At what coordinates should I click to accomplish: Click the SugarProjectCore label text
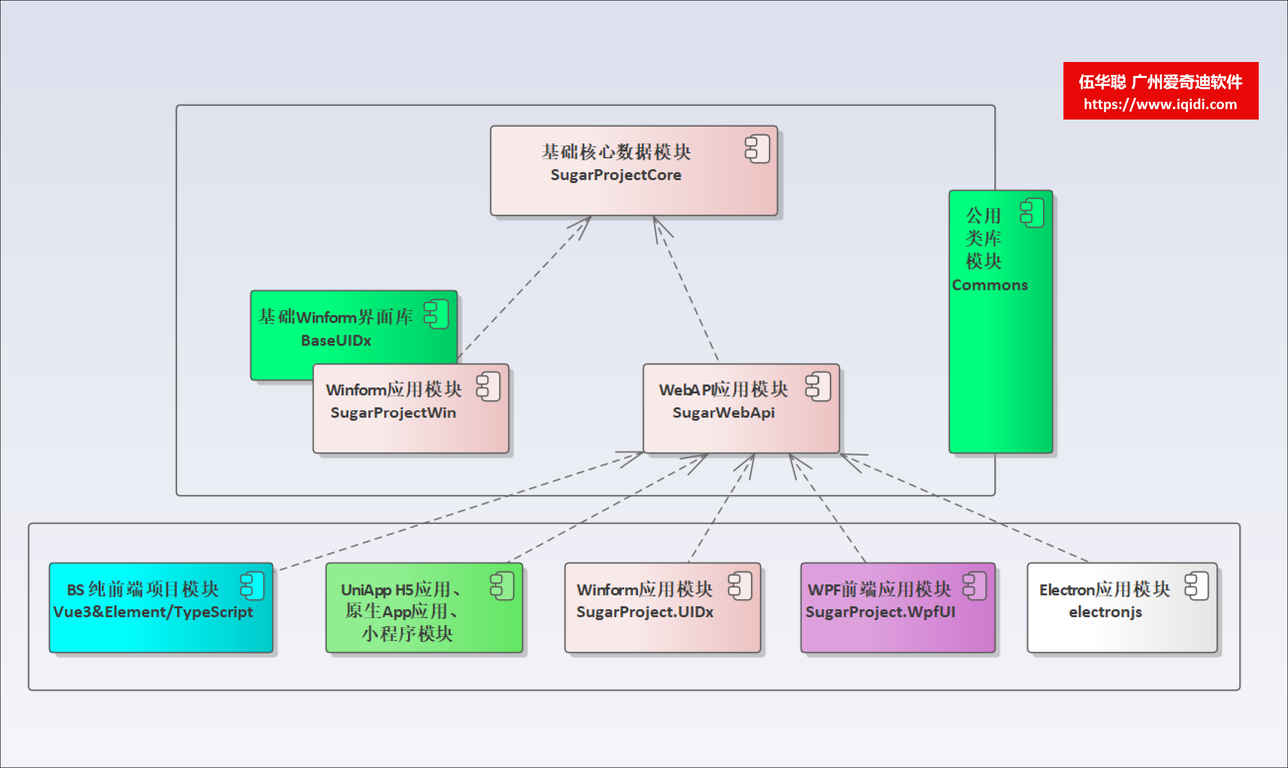point(616,175)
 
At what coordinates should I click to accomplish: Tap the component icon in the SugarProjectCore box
point(758,149)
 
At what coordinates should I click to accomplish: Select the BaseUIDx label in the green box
point(336,340)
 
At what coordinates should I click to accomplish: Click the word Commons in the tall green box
point(990,285)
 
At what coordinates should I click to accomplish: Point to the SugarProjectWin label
point(393,412)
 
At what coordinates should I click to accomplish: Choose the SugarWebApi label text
point(723,412)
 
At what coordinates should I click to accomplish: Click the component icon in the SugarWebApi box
point(818,386)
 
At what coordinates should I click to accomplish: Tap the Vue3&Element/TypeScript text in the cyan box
point(153,612)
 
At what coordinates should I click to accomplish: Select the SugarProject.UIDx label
point(645,612)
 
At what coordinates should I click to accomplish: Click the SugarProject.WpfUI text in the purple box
point(880,612)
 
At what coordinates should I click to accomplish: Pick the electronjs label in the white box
point(1106,612)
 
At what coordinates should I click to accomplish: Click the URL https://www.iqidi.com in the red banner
point(1160,105)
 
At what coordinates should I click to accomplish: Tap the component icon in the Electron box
point(1197,586)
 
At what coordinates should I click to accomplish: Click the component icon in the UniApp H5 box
point(502,586)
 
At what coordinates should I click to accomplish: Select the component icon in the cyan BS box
point(252,586)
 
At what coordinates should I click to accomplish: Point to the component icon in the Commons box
point(1032,213)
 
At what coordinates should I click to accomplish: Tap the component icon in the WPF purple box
point(975,586)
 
